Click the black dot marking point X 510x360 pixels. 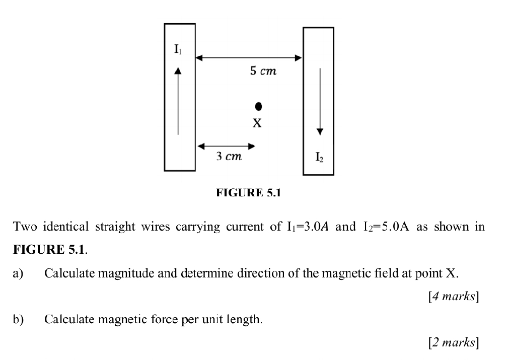[258, 106]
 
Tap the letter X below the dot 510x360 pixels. [257, 123]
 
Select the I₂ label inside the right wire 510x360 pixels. [320, 158]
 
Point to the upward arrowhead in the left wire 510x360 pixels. [177, 70]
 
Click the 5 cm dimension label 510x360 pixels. [263, 71]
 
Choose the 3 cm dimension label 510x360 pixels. [229, 157]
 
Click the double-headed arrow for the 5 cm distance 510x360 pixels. [249, 58]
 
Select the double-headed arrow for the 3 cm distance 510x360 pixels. [226, 146]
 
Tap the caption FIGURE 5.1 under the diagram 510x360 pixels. [248, 192]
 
